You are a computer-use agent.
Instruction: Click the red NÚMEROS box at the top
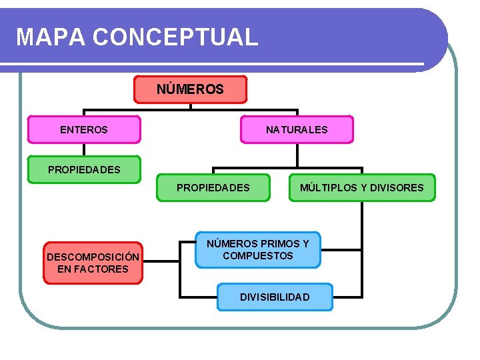coord(190,89)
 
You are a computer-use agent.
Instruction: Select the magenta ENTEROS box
coord(84,130)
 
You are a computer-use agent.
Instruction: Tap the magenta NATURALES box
coord(297,130)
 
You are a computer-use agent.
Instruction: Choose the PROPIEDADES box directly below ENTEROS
coord(84,169)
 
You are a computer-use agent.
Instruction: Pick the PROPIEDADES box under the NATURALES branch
coord(213,188)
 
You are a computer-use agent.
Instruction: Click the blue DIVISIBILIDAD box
coord(275,297)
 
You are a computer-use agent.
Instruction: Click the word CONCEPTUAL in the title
coord(175,37)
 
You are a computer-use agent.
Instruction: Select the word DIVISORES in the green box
coord(397,188)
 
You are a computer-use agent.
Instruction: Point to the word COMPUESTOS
coord(258,256)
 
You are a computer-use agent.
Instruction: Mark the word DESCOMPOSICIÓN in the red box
coord(93,257)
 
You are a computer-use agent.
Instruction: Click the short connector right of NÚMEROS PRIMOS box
coord(340,250)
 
